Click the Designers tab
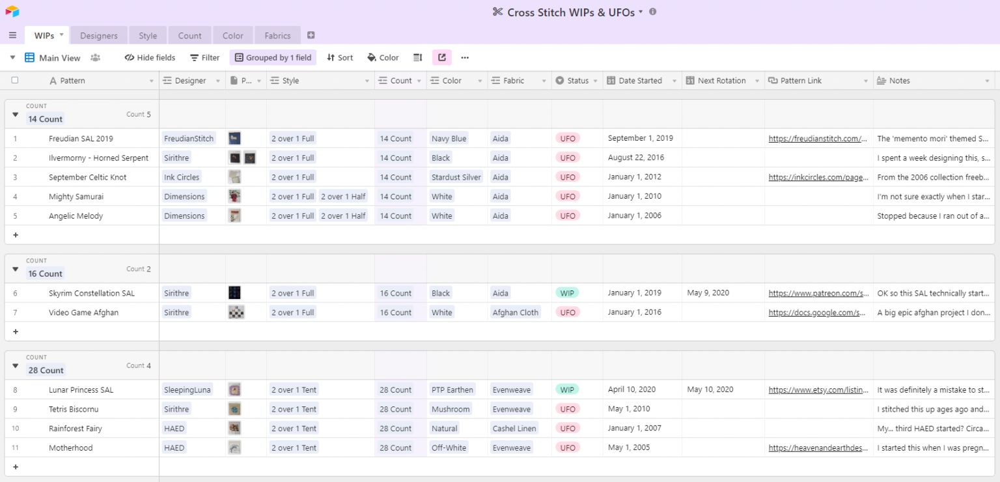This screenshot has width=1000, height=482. pyautogui.click(x=99, y=36)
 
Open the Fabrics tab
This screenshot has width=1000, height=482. pyautogui.click(x=277, y=36)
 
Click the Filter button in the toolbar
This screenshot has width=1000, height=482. pyautogui.click(x=204, y=58)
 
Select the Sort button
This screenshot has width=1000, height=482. pyautogui.click(x=339, y=58)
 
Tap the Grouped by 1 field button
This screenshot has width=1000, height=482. pyautogui.click(x=273, y=58)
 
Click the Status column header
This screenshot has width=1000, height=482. pyautogui.click(x=577, y=81)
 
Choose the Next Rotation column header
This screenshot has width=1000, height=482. pyautogui.click(x=721, y=81)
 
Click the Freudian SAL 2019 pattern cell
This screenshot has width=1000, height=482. pyautogui.click(x=81, y=139)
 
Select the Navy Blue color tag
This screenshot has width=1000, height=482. pyautogui.click(x=449, y=139)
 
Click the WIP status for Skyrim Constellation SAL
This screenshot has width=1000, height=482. pyautogui.click(x=567, y=293)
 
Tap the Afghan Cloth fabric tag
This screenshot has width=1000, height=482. pyautogui.click(x=515, y=313)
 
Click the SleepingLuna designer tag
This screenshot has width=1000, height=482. pyautogui.click(x=187, y=390)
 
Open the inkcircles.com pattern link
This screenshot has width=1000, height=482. pyautogui.click(x=818, y=177)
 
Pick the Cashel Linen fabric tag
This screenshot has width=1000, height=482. pyautogui.click(x=514, y=429)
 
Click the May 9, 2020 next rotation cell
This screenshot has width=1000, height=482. pyautogui.click(x=708, y=293)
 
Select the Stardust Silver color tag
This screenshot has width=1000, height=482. pyautogui.click(x=456, y=177)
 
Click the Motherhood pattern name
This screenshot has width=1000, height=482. pyautogui.click(x=70, y=448)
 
